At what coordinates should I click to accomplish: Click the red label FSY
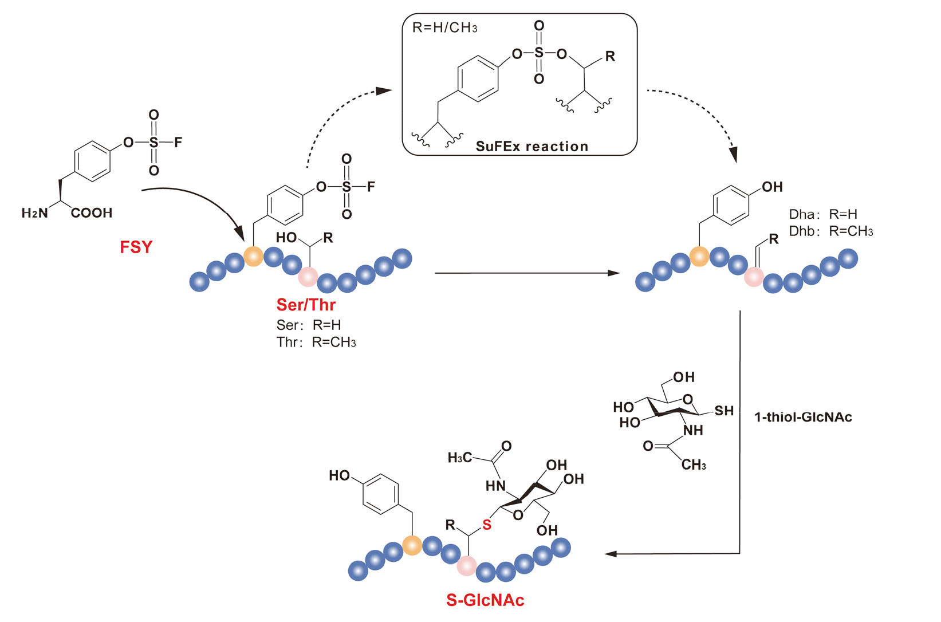coord(136,247)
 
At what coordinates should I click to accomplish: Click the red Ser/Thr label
coord(306,304)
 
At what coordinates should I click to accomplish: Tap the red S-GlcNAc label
coord(485,600)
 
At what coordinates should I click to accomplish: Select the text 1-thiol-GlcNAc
coord(803,417)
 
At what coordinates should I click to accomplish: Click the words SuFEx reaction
coord(532,147)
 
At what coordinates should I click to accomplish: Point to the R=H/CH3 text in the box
coord(444,28)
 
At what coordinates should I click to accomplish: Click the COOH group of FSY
coord(92,213)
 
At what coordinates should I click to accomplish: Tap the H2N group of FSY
coord(35,213)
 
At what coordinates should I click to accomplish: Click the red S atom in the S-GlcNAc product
coord(487,525)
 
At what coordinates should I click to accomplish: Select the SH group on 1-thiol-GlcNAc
coord(724,411)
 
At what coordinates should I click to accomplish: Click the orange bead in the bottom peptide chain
coord(412,545)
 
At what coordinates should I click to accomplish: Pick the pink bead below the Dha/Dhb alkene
coord(754,277)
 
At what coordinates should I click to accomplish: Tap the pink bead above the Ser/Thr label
coord(308,277)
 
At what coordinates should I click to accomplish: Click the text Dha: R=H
coord(823,214)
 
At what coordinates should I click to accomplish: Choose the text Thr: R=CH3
coord(316,343)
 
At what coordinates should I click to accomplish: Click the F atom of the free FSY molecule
coord(178,142)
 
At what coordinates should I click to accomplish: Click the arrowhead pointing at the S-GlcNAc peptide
coord(611,554)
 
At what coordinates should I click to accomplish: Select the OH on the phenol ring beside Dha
coord(772,187)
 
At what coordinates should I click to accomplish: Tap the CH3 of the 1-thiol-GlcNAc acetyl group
coord(694,464)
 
